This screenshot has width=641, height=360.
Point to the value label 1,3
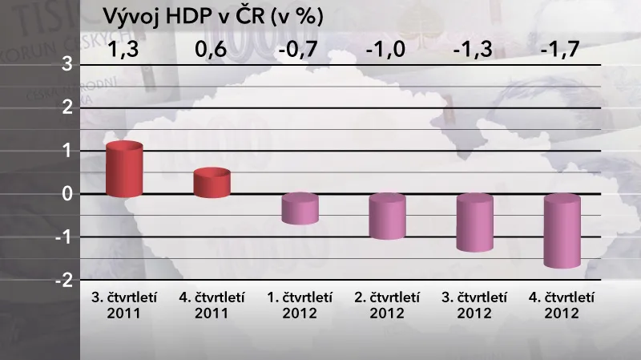(123, 51)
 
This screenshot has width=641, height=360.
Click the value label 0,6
(211, 51)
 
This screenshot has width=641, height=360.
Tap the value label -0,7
(298, 51)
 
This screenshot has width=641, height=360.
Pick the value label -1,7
(560, 51)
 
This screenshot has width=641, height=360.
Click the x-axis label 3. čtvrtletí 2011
(123, 305)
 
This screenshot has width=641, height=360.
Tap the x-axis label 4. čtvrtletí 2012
(561, 305)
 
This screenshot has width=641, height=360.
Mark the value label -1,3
(473, 51)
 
